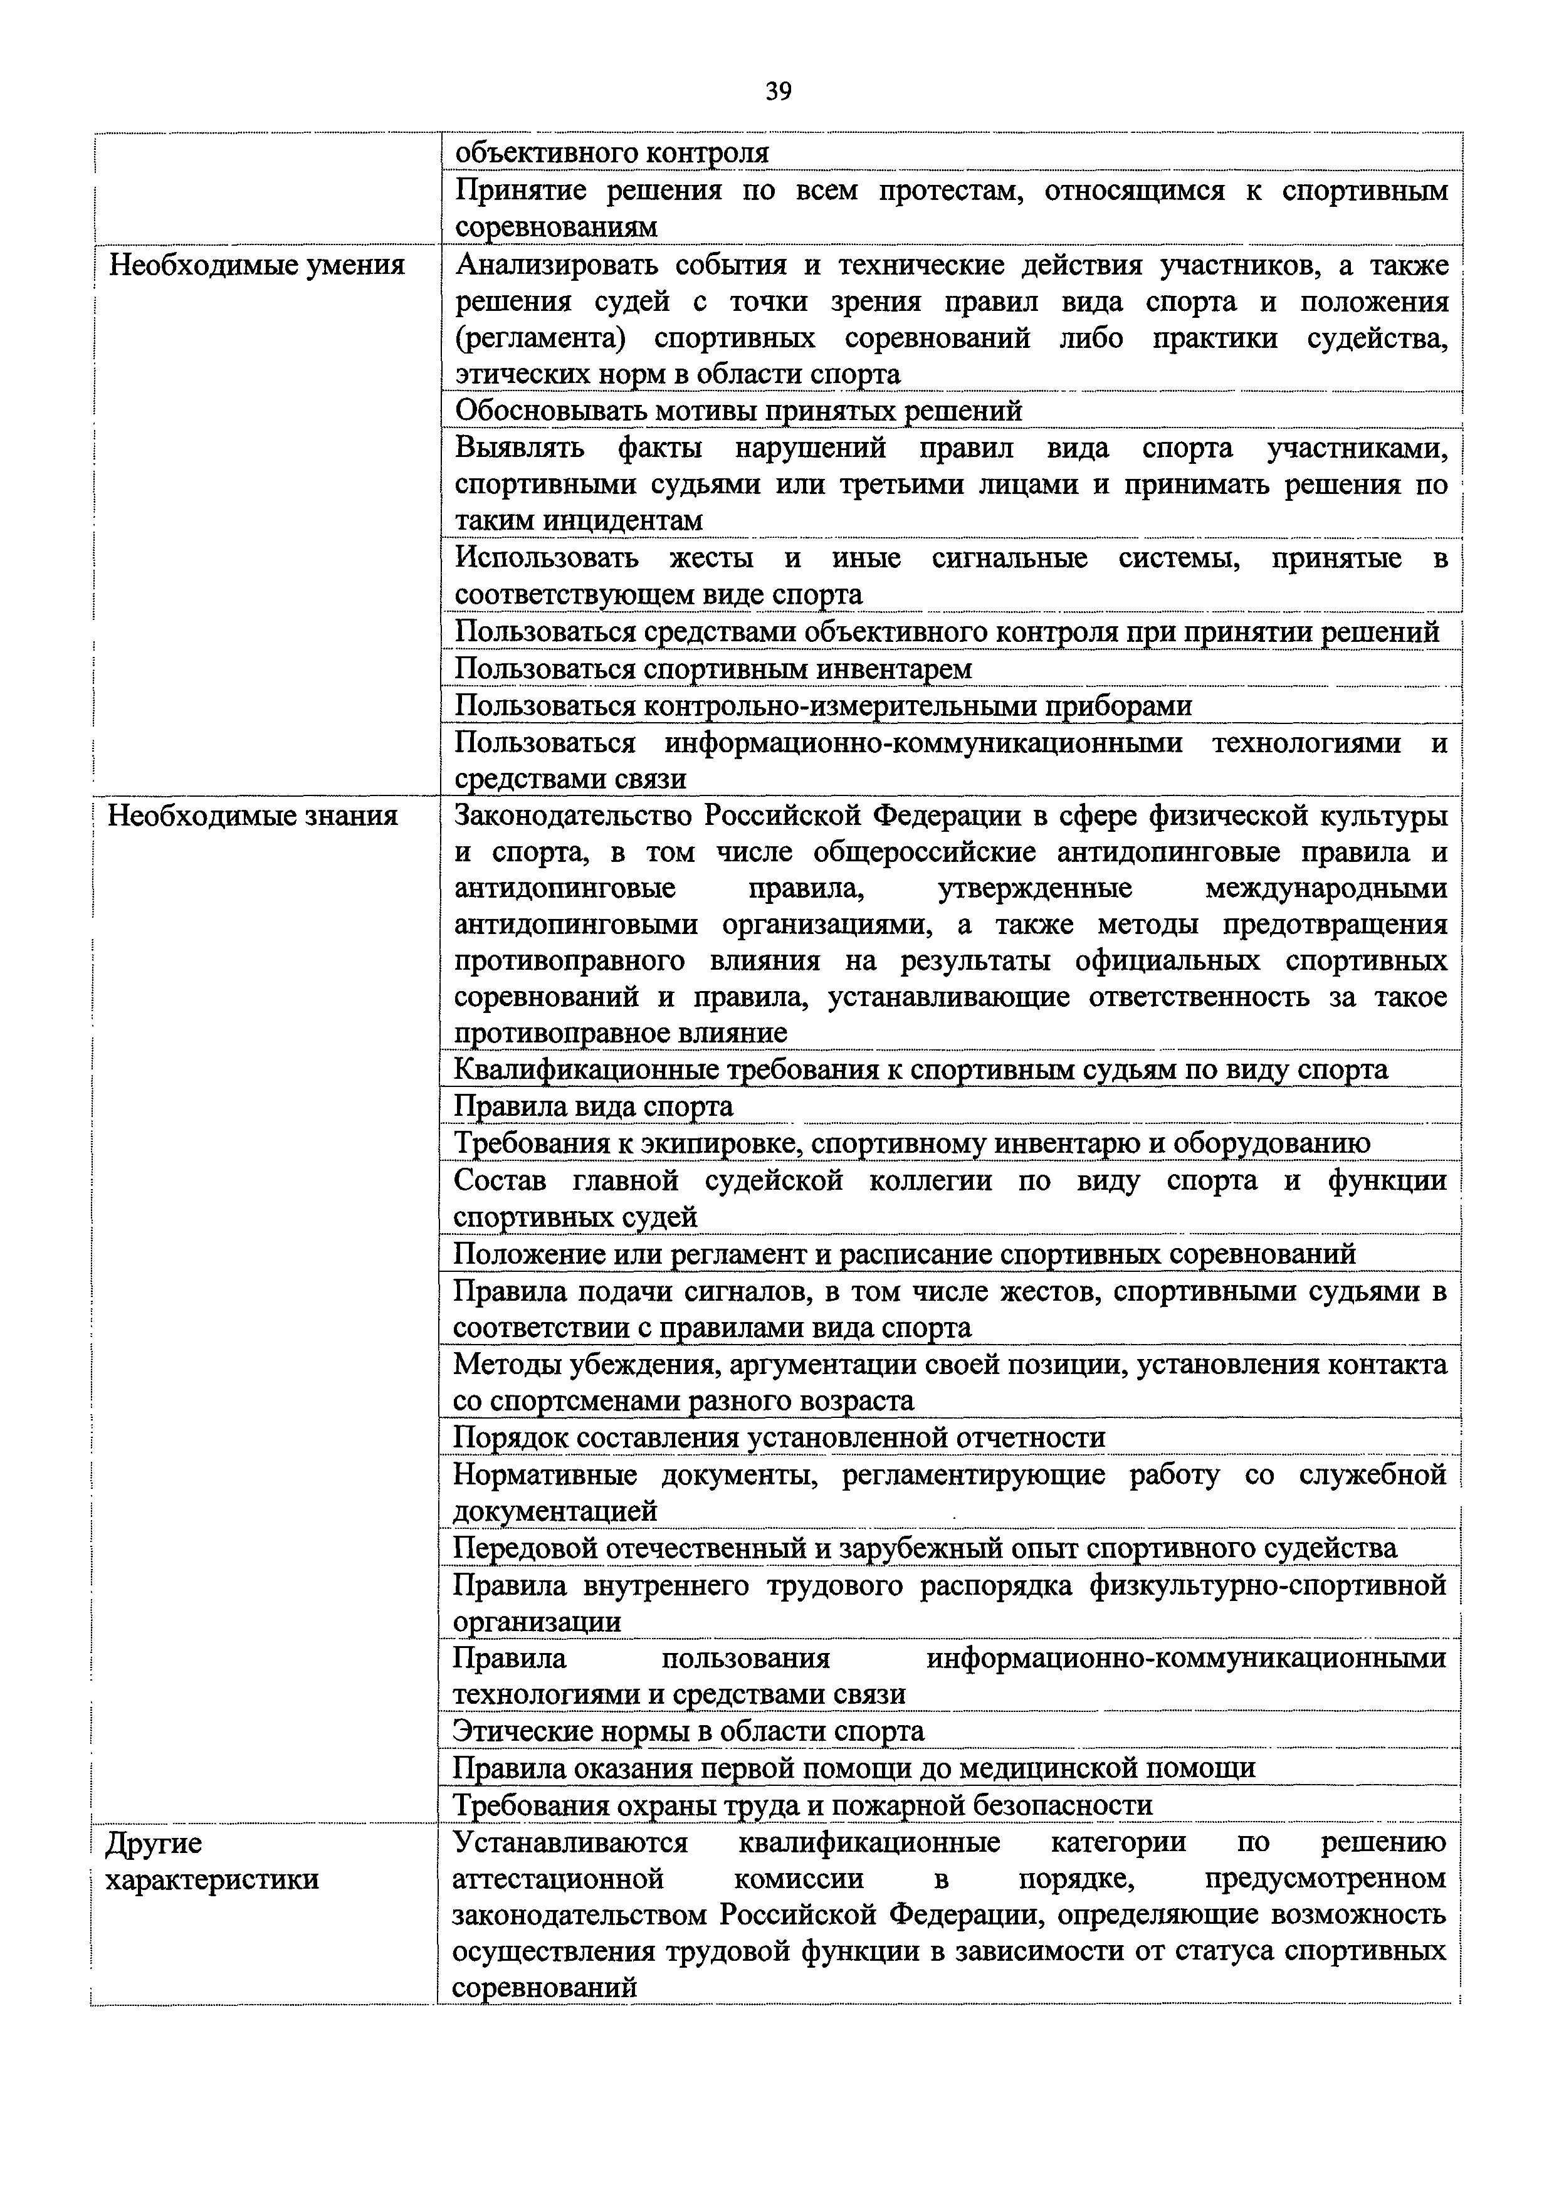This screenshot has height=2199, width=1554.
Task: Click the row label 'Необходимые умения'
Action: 256,265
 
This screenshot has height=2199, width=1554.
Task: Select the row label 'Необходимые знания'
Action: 253,816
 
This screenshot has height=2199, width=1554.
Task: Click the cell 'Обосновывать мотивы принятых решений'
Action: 738,411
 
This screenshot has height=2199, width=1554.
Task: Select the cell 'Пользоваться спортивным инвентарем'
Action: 713,668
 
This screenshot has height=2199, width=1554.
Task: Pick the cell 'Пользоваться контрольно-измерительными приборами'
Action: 824,706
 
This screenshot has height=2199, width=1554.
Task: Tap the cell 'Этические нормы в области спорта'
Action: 688,1731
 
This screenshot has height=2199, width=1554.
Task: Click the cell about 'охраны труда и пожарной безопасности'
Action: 802,1805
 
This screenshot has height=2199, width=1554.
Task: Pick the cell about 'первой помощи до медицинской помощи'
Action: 854,1768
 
